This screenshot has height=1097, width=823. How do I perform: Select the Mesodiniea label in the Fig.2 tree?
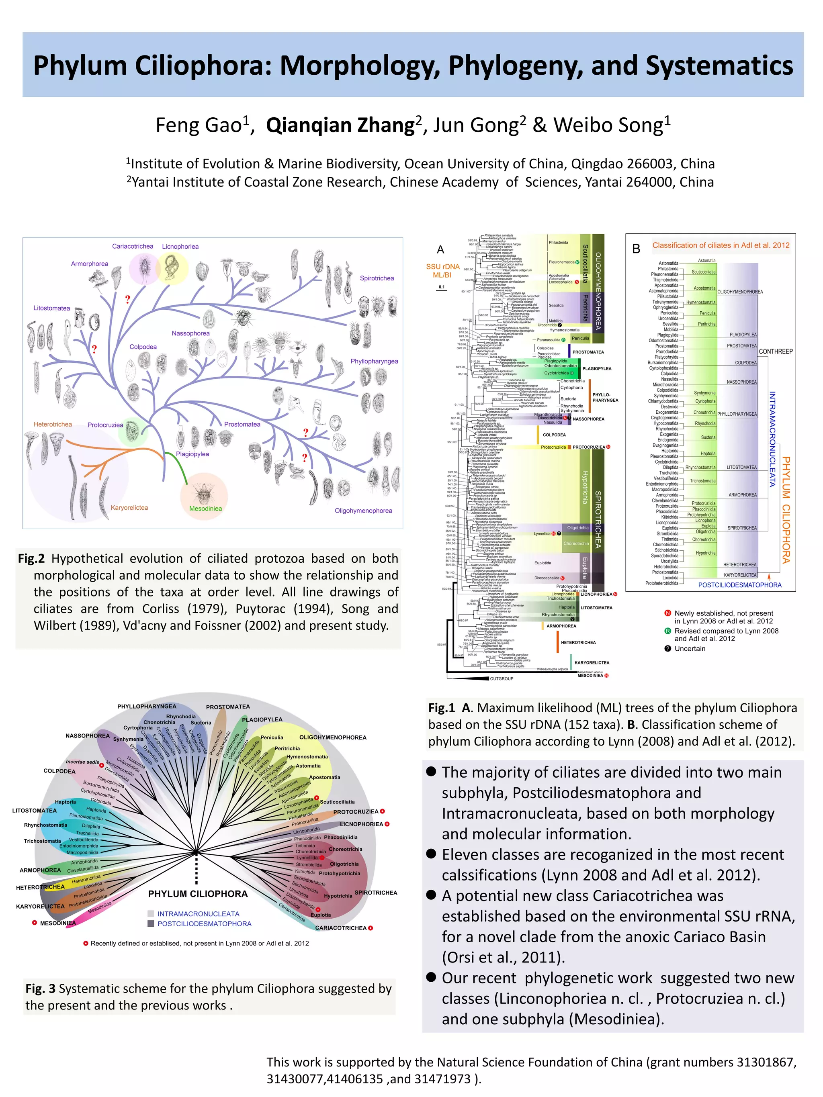coord(205,508)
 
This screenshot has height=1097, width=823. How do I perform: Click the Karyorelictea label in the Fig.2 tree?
coord(129,507)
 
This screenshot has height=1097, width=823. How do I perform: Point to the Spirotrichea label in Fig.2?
coord(377,278)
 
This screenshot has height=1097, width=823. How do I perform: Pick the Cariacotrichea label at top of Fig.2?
coord(133,247)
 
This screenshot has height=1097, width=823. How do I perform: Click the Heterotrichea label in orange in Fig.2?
coord(53,424)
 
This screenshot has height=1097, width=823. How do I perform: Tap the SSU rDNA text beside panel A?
coord(442,267)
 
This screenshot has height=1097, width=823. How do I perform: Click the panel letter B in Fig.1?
coord(636,249)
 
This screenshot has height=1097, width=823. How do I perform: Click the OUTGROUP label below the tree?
coord(502,678)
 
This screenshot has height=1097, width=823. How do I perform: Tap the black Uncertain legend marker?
coord(668,649)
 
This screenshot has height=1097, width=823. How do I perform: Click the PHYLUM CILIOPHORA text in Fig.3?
coord(197,894)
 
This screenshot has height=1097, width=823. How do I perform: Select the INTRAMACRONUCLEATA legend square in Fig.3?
coord(151,913)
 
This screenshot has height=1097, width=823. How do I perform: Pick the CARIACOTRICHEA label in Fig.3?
coord(341,928)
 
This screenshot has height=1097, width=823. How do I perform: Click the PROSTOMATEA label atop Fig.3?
coord(228,707)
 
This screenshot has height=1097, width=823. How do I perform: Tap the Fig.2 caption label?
coord(31,558)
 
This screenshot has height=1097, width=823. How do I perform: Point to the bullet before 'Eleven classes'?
coord(431,854)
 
